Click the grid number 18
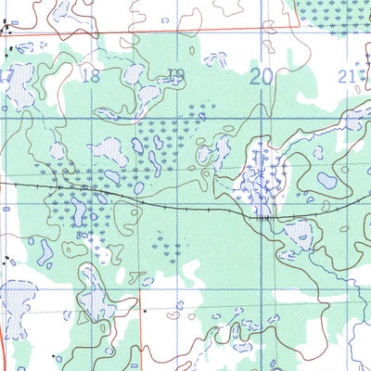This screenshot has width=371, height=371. (x=91, y=76)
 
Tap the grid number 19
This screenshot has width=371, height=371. (x=176, y=76)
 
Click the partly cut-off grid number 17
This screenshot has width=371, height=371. (x=6, y=76)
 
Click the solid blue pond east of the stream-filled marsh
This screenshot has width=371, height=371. (x=326, y=180)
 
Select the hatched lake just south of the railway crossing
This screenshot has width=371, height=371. (x=299, y=234)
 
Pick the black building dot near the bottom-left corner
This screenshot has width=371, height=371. (x=58, y=356)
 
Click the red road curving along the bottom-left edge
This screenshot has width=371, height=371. (x=3, y=343)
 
